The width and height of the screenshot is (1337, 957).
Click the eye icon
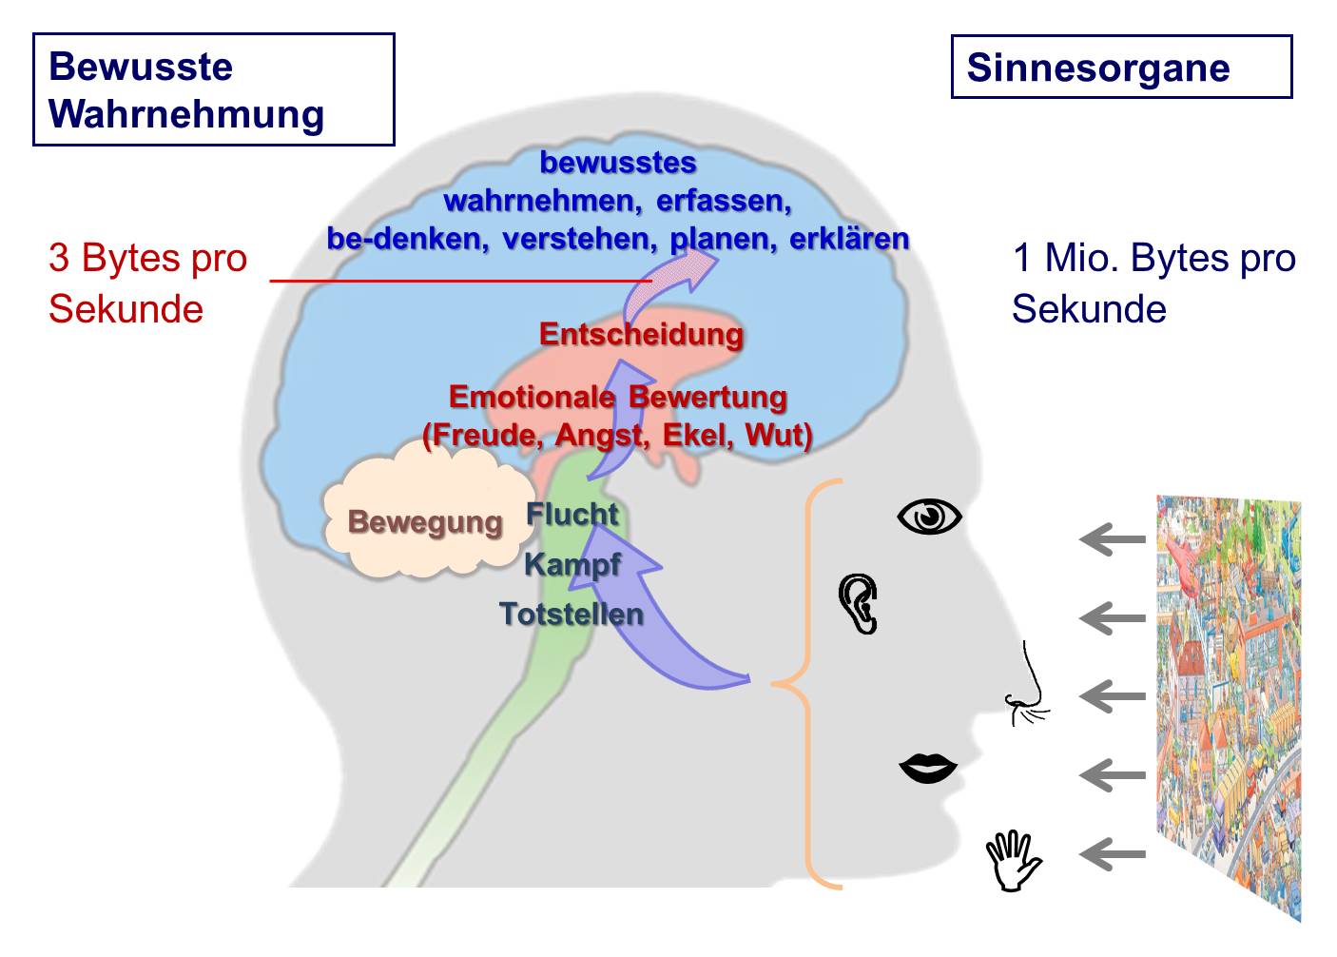pos(929,517)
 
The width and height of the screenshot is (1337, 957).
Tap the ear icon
pos(858,603)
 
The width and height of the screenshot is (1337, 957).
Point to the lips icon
pos(928,768)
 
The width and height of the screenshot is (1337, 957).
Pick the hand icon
pos(1013,860)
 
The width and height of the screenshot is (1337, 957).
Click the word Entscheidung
pos(641,334)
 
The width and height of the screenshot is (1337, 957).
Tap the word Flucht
pos(572,515)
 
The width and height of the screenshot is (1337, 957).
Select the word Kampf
pos(572,564)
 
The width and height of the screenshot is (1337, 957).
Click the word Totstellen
pos(571,614)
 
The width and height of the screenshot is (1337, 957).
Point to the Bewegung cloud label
pos(424,521)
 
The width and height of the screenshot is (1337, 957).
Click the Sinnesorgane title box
pos(1121,68)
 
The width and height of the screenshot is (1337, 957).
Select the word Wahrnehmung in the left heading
pos(186,114)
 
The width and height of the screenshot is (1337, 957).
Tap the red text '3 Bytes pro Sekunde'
pos(147,283)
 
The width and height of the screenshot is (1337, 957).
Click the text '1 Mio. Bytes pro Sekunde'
pos(1153,283)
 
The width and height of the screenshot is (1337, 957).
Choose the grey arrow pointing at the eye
pos(1113,539)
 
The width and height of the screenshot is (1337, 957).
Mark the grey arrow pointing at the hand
pos(1113,853)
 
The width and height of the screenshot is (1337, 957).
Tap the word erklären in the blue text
pos(849,238)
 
